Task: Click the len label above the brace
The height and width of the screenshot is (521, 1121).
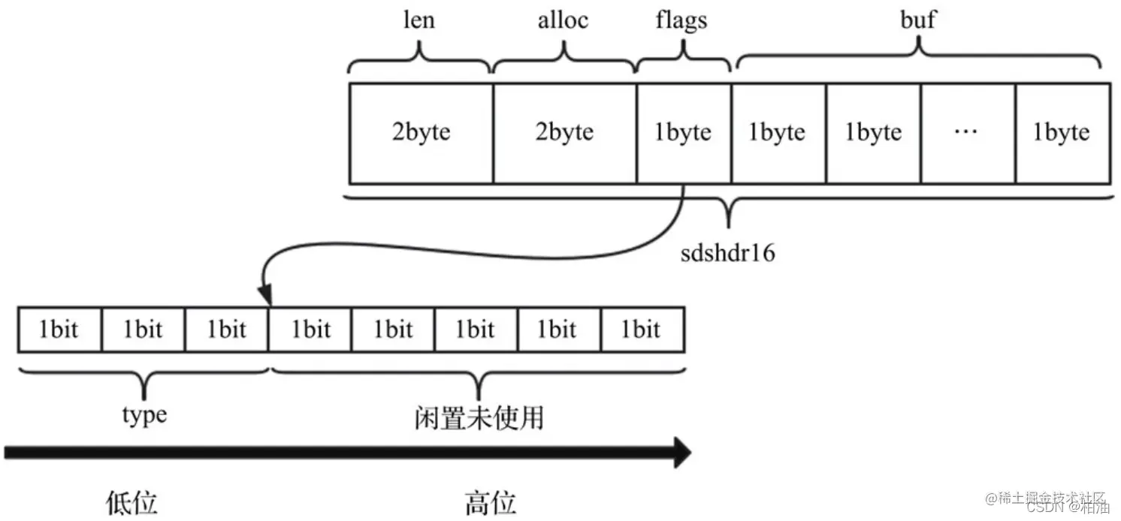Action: (x=419, y=20)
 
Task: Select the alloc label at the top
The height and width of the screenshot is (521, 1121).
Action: (x=564, y=20)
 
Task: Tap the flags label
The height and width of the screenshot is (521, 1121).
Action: (x=682, y=20)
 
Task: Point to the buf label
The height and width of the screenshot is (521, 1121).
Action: (x=918, y=20)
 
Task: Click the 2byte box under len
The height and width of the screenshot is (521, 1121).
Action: (x=421, y=133)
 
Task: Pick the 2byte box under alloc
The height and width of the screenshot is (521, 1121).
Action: (x=564, y=133)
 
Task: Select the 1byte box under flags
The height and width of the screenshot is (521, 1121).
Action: (x=683, y=133)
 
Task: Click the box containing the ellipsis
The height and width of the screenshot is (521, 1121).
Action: (x=967, y=133)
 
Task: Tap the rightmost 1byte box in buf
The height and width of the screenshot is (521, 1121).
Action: (x=1062, y=133)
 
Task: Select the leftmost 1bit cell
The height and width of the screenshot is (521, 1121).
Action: (x=59, y=330)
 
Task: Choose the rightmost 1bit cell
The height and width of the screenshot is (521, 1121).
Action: (x=641, y=330)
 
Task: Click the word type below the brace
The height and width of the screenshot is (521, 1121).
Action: (x=144, y=414)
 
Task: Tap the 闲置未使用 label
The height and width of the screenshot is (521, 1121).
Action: (x=479, y=417)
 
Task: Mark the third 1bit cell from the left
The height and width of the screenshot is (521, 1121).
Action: (x=226, y=330)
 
